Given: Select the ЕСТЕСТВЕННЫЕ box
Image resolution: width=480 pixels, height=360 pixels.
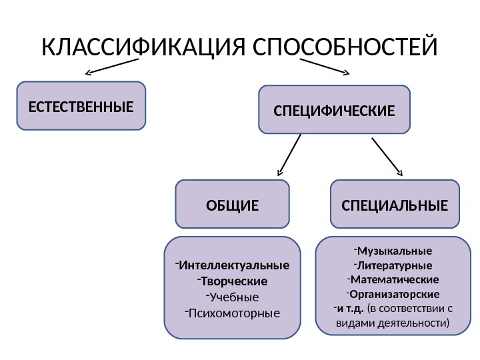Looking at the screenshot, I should (81, 105).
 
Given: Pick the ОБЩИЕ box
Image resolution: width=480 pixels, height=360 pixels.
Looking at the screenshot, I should (232, 204).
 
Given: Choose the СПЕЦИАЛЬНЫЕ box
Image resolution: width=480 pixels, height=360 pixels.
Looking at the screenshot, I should (395, 204).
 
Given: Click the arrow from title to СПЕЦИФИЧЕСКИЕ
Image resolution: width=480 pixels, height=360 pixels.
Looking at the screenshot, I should (325, 66).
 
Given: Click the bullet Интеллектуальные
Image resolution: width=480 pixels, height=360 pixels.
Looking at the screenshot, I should (233, 264).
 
